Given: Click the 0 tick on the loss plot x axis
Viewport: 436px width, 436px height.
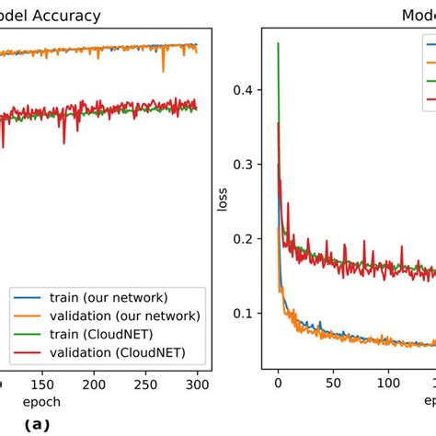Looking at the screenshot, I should pos(278,384).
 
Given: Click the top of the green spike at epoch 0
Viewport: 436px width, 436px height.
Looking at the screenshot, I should pos(278,43).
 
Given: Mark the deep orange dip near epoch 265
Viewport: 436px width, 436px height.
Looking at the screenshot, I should pos(164,71).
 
